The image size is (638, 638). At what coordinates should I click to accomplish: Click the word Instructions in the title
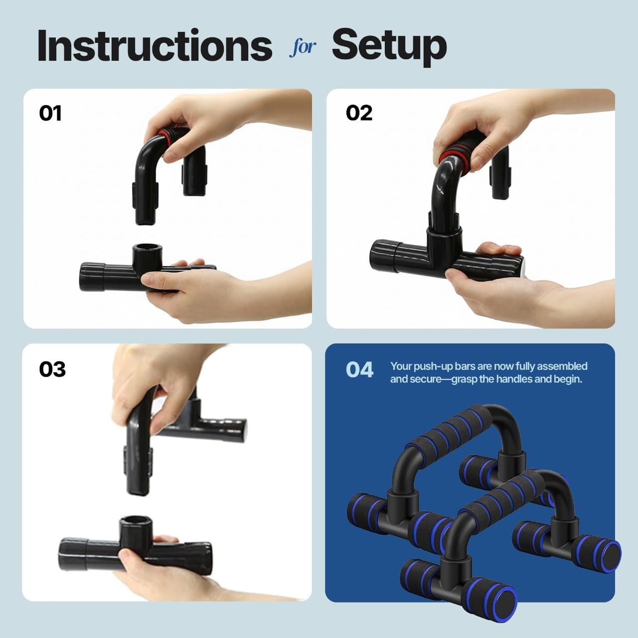click(x=155, y=46)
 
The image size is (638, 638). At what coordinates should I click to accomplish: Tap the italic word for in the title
click(x=302, y=47)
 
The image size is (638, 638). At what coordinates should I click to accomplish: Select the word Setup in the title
click(x=389, y=46)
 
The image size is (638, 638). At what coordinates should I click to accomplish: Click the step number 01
click(x=50, y=114)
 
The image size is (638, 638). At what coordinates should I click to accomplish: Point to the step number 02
click(x=359, y=114)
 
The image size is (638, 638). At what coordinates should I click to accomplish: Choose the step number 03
click(x=52, y=369)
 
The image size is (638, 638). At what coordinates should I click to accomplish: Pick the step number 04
click(x=359, y=370)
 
